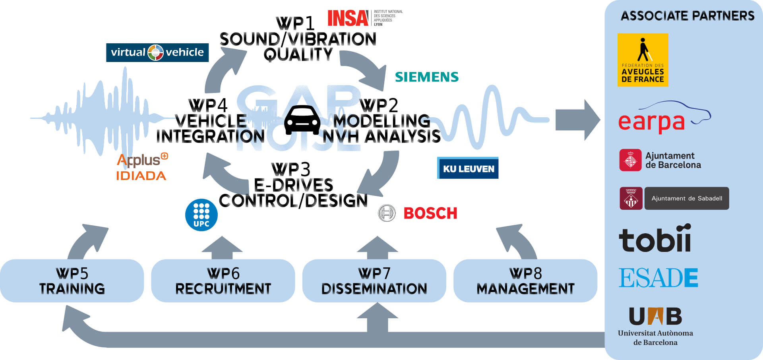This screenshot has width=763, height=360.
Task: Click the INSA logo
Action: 348,18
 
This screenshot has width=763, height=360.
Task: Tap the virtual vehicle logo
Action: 157,52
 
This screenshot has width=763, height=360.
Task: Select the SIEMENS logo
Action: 426,77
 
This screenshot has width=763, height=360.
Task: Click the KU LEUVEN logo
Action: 468,168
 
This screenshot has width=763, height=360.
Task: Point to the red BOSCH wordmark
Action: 430,213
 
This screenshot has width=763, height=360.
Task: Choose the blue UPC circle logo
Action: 201,215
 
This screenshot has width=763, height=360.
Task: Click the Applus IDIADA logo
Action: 142,167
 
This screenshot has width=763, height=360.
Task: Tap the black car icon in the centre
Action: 302,120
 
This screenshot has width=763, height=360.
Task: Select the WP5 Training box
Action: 72,281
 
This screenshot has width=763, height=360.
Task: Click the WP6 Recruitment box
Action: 223,281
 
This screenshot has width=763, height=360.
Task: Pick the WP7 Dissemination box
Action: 374,281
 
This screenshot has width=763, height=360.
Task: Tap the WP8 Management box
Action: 525,281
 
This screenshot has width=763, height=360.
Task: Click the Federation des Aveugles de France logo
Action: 643,60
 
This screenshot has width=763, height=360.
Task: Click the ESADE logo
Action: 658,277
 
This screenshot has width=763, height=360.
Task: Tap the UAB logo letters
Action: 655,317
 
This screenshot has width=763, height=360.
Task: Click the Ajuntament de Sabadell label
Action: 686,198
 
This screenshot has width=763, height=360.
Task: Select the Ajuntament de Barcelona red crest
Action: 630,160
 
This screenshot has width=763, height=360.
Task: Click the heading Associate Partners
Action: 687,16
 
